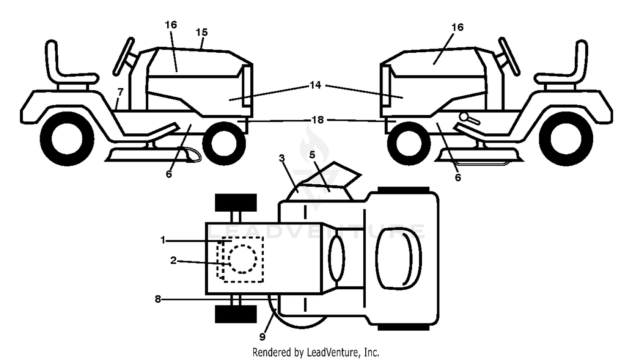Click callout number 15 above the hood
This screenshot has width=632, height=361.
[x=202, y=32]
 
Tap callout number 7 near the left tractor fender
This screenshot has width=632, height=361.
[x=121, y=92]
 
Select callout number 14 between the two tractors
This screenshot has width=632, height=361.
[x=316, y=85]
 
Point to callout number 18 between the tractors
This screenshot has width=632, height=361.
[x=318, y=120]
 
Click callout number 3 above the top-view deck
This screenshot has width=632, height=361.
[x=281, y=158]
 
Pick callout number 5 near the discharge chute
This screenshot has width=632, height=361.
[x=312, y=154]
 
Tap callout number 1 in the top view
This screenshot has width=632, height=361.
[x=163, y=240]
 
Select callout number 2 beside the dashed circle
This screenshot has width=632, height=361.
[x=173, y=261]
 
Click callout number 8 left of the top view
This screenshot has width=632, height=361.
[x=158, y=299]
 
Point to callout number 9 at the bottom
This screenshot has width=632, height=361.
[x=262, y=337]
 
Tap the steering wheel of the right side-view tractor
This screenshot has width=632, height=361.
[x=509, y=57]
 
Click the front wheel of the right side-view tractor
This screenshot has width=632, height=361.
[x=409, y=143]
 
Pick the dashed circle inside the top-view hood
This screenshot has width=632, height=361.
[x=243, y=259]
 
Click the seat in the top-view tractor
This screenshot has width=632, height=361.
[x=399, y=259]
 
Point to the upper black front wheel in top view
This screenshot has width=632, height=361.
[x=236, y=202]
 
